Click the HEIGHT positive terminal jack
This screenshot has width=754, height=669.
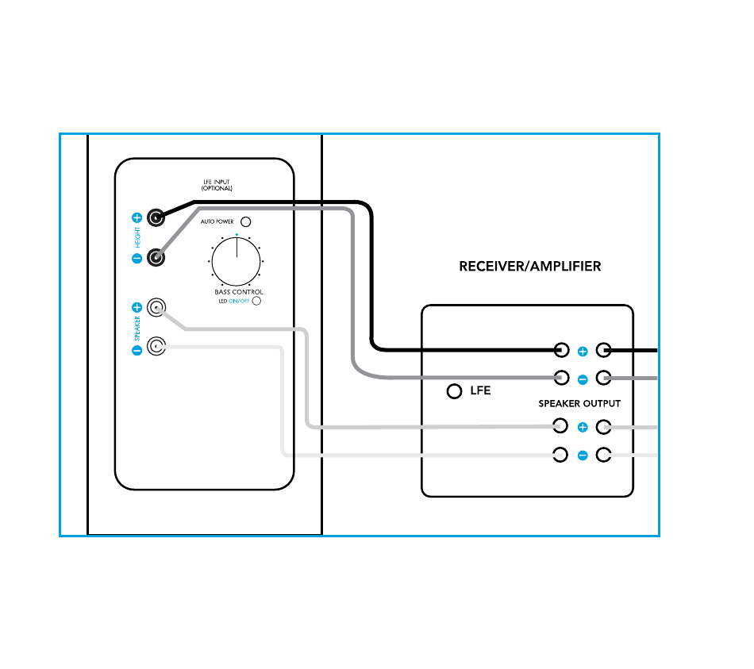tap(156, 217)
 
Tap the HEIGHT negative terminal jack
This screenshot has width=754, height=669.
tap(156, 257)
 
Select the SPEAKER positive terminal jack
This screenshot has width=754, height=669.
tap(157, 307)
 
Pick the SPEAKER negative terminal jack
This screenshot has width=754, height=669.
tap(157, 347)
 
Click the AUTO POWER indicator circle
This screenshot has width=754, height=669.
tap(246, 222)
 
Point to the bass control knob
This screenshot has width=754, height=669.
tap(237, 259)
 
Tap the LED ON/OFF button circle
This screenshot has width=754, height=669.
tap(256, 302)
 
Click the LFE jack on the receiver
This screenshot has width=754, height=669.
tap(454, 391)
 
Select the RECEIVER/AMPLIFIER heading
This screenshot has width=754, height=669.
tap(529, 267)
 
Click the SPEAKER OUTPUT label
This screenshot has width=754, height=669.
tap(579, 404)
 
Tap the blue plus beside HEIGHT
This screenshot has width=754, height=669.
tap(137, 217)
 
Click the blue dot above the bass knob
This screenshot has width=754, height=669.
tap(237, 235)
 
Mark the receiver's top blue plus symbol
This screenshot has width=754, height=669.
tap(582, 351)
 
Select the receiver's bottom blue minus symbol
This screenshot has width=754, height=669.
tap(582, 456)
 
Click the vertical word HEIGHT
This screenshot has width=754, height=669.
tap(137, 237)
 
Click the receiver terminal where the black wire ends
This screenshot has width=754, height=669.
tap(561, 349)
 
